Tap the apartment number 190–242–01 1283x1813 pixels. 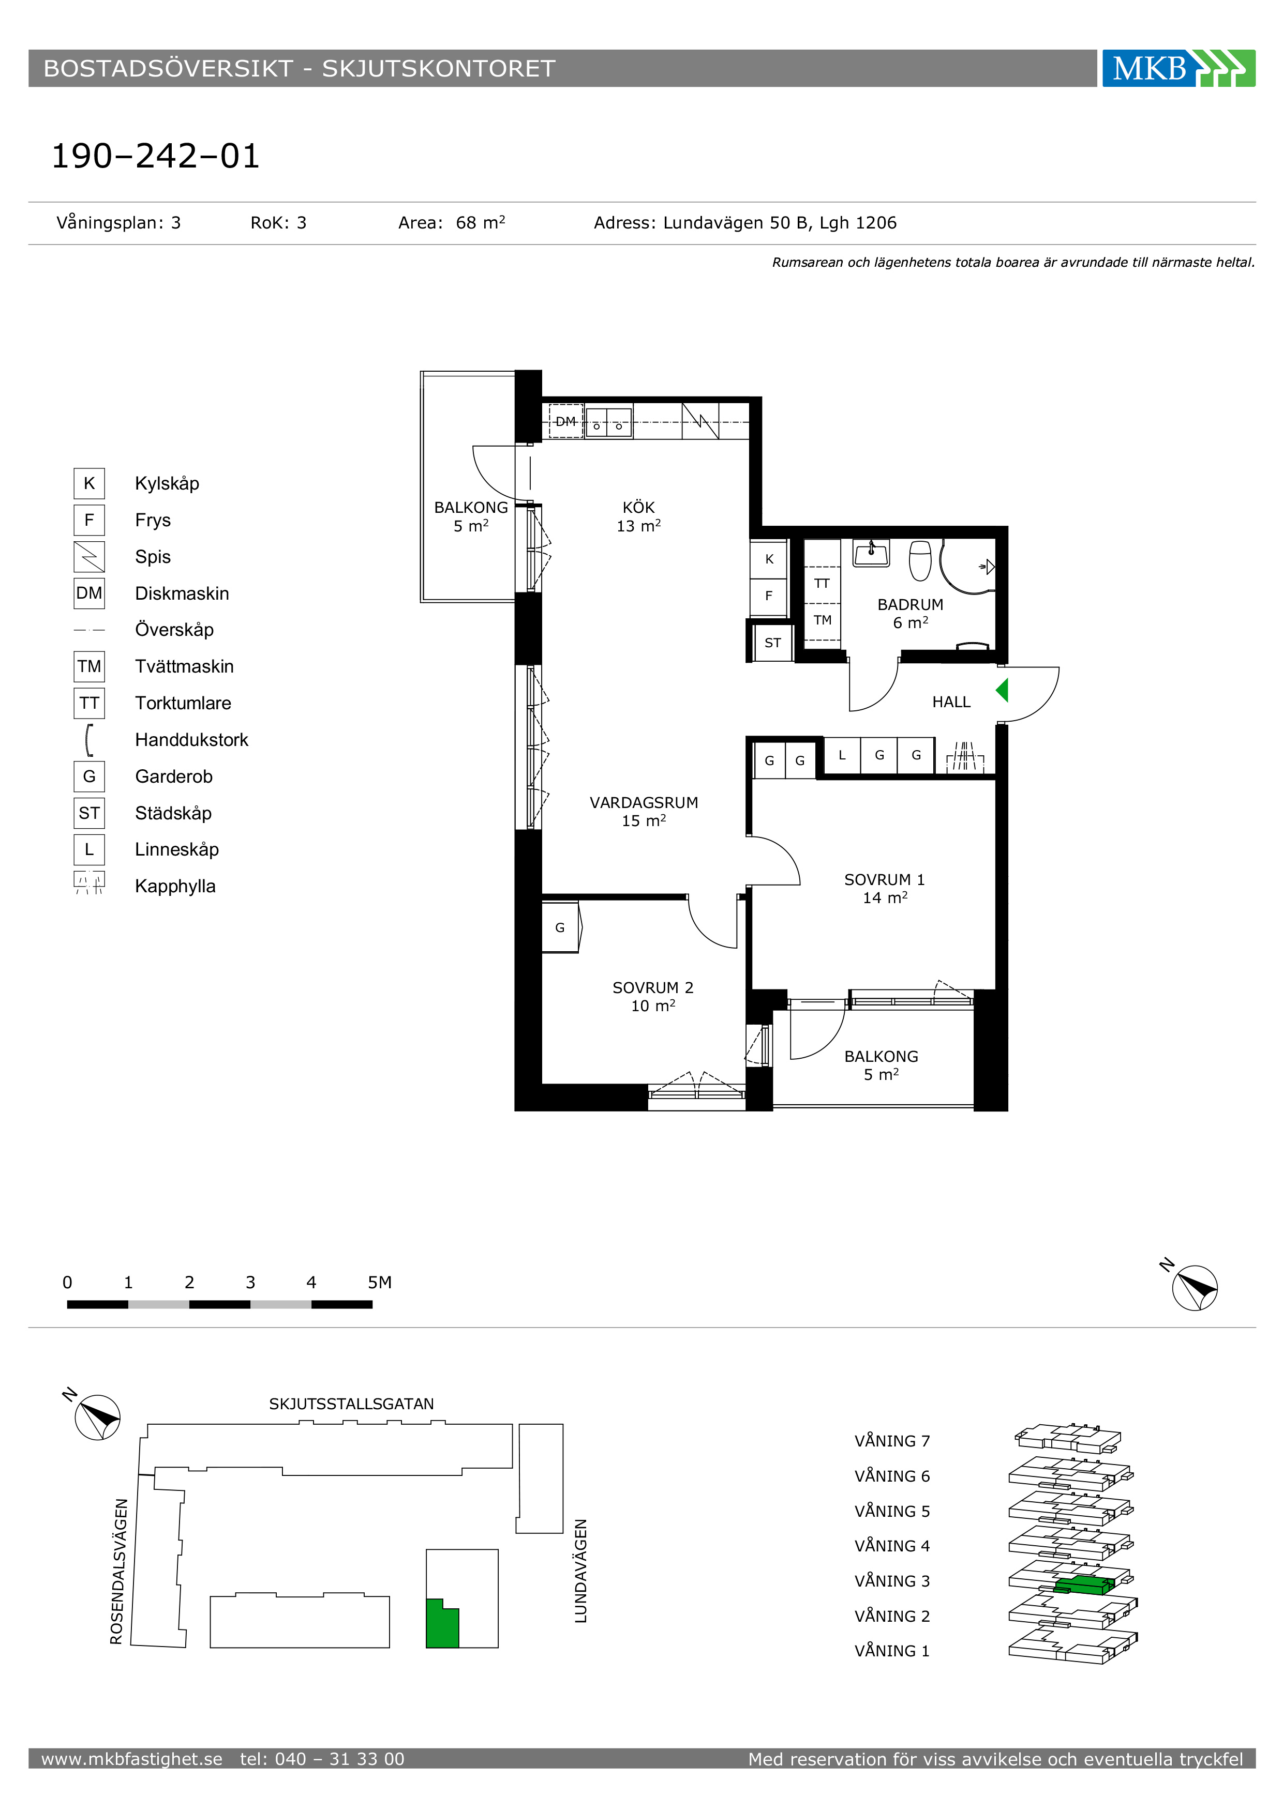tap(156, 156)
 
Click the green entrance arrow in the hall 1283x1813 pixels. tap(1002, 691)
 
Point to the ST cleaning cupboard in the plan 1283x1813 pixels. tap(772, 643)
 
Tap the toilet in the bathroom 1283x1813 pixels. tap(920, 560)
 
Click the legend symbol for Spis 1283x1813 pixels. tap(89, 557)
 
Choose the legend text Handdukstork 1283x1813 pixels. tap(191, 740)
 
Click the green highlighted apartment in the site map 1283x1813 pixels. tap(442, 1623)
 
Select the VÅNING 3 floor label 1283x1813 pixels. tap(892, 1581)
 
